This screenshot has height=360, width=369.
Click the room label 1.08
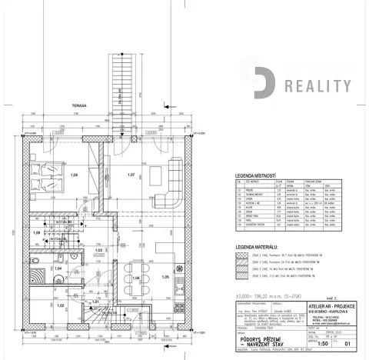75,176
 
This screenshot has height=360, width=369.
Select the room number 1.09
37,231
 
